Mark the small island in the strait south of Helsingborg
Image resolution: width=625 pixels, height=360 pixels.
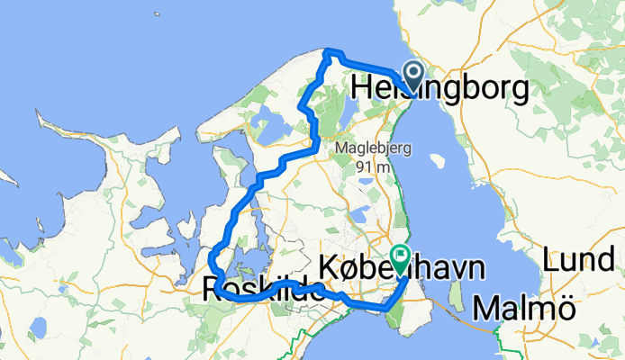(x=438, y=163)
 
